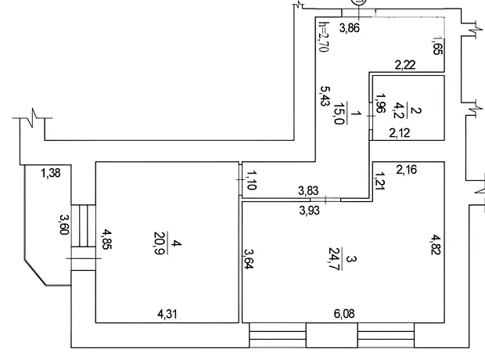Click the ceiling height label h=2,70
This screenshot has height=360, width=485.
(x=323, y=37)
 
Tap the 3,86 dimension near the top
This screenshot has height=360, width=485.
(x=350, y=28)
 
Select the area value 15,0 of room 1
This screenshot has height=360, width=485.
(x=339, y=113)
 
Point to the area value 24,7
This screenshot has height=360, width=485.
(x=334, y=259)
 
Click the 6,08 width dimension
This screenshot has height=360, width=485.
(x=344, y=314)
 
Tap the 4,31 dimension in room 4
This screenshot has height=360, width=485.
(x=167, y=315)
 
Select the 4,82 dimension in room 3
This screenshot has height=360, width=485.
(x=435, y=244)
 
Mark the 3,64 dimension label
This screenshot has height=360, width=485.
(x=249, y=258)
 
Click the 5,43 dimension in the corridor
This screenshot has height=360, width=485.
(x=324, y=96)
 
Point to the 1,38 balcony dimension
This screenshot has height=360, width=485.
(x=51, y=173)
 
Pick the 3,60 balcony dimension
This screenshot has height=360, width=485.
(x=63, y=225)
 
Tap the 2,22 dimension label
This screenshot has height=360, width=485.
(x=405, y=65)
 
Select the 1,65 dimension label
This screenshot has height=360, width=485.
(x=438, y=46)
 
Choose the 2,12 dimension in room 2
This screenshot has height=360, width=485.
(x=400, y=133)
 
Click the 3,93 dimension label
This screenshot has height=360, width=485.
(x=310, y=211)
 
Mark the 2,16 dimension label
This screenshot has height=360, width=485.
(x=407, y=170)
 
